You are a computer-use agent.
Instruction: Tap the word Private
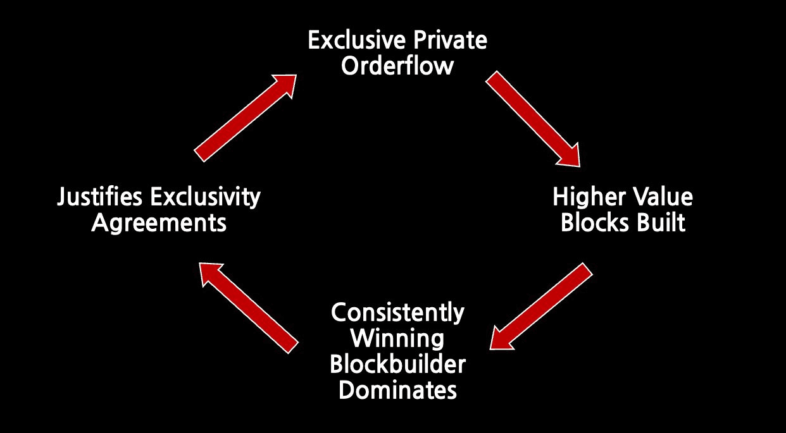(450, 40)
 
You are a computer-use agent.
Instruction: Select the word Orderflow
(397, 66)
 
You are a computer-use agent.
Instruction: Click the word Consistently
(397, 313)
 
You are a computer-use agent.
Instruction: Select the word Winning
(397, 339)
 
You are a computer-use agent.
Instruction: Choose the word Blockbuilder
(397, 364)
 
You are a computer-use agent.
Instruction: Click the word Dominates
(397, 390)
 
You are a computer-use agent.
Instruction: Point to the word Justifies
(99, 197)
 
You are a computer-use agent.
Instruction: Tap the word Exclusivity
(206, 197)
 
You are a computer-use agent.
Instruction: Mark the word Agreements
(159, 223)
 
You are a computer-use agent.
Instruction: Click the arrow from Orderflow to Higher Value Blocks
(533, 119)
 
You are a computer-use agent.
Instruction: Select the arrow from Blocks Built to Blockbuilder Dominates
(541, 306)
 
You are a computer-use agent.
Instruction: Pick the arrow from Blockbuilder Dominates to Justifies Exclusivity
(249, 308)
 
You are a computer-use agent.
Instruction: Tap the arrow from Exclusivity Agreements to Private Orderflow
(246, 118)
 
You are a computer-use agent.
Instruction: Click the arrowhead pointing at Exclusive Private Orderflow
(286, 84)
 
